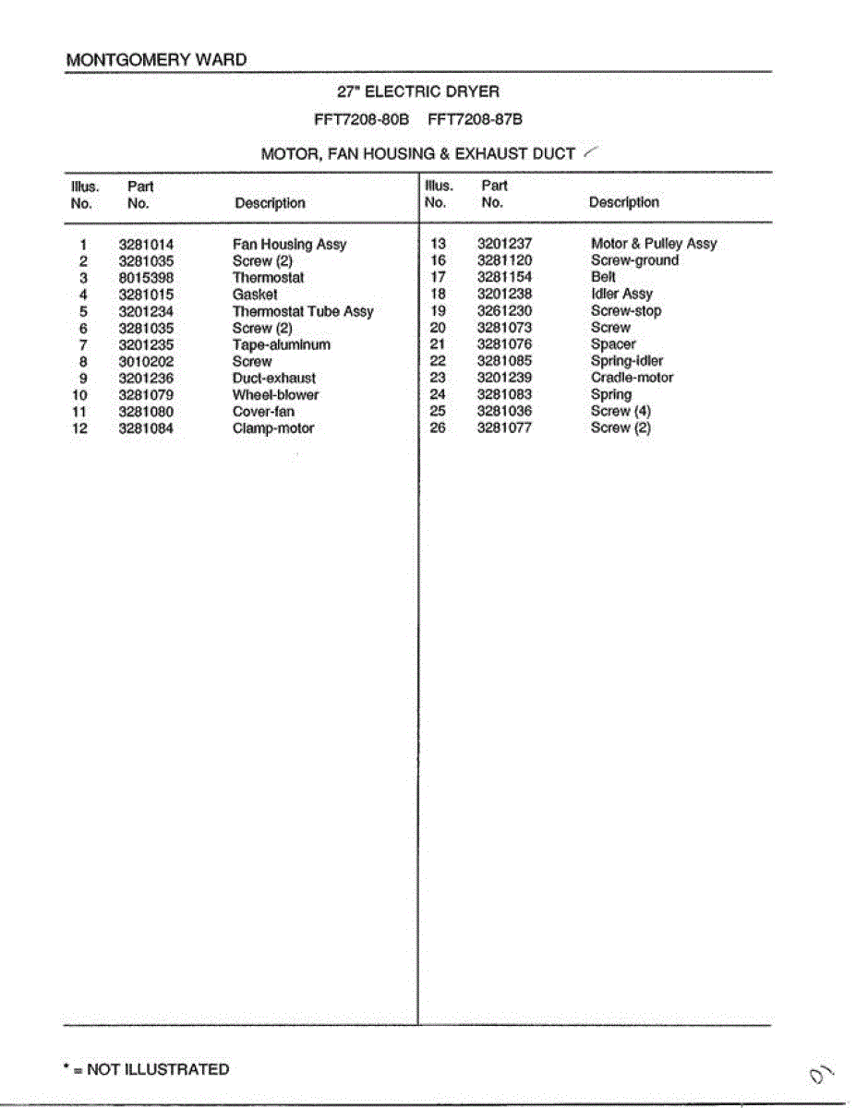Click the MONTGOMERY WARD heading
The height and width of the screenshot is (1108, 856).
(156, 60)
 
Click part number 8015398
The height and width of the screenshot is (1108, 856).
(146, 278)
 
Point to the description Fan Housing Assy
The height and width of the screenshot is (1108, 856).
(289, 245)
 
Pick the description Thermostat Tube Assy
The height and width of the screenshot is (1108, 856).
(303, 312)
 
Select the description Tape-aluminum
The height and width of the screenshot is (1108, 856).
(281, 345)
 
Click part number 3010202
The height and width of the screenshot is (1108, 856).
(146, 362)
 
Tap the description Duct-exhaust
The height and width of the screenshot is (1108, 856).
(273, 379)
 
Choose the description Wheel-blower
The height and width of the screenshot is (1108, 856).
(275, 395)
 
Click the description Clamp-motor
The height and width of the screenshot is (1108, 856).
(272, 428)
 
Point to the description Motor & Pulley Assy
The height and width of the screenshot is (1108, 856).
(653, 244)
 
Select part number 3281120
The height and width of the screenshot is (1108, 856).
(504, 260)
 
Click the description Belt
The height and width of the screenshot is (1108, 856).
(603, 277)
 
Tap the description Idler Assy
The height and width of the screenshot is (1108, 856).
(621, 294)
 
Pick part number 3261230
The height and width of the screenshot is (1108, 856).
(504, 311)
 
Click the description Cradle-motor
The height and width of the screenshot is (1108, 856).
(632, 378)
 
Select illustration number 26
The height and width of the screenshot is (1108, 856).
(438, 428)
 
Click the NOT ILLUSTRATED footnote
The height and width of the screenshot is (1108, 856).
(146, 1069)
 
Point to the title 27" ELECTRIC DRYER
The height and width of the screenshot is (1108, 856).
(418, 91)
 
